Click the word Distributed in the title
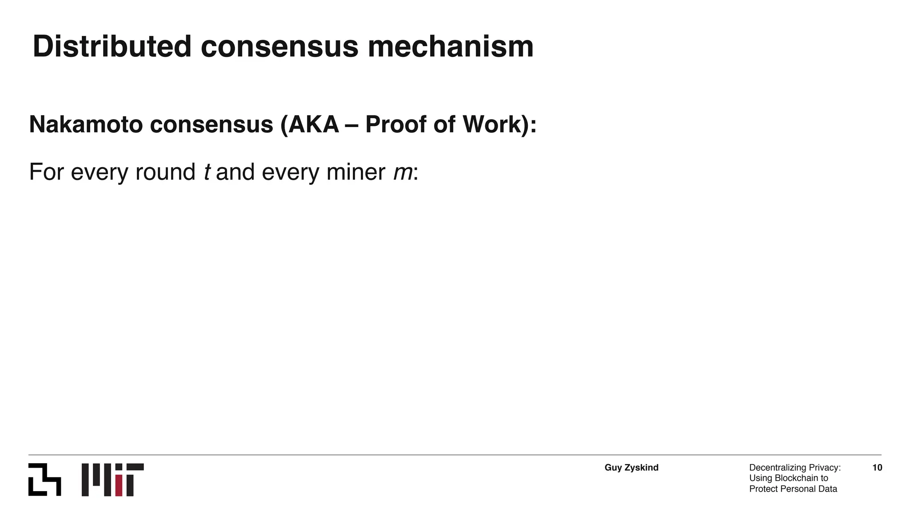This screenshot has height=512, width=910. pyautogui.click(x=112, y=47)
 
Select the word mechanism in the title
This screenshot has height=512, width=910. pyautogui.click(x=451, y=47)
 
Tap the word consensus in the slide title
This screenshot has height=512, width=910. pyautogui.click(x=279, y=47)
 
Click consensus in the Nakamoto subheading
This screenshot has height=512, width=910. pyautogui.click(x=212, y=124)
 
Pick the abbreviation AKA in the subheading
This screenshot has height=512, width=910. pyautogui.click(x=314, y=124)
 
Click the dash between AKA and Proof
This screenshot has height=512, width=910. pyautogui.click(x=352, y=125)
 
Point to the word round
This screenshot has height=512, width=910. pyautogui.click(x=165, y=172)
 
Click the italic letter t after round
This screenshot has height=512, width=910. pyautogui.click(x=207, y=172)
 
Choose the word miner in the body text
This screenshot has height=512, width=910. pyautogui.click(x=355, y=172)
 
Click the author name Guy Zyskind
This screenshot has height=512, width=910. pyautogui.click(x=631, y=468)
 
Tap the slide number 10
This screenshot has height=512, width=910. pyautogui.click(x=877, y=468)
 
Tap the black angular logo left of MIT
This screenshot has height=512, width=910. pyautogui.click(x=44, y=480)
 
